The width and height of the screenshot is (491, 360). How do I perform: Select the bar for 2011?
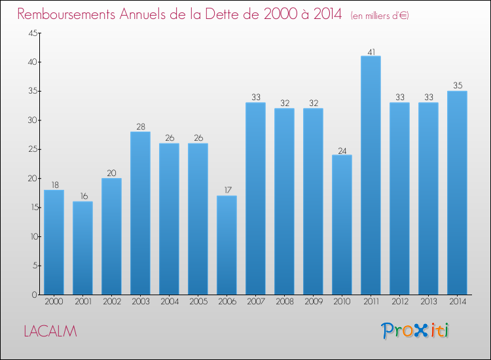click(x=371, y=175)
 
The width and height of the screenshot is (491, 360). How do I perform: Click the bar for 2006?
click(x=227, y=245)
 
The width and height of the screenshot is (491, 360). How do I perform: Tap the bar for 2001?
click(x=82, y=248)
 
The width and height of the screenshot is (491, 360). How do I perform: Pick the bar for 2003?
click(x=140, y=213)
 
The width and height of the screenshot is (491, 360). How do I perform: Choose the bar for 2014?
click(x=457, y=193)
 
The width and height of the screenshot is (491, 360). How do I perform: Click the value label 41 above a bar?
click(x=371, y=52)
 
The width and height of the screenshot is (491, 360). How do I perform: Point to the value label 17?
click(x=228, y=190)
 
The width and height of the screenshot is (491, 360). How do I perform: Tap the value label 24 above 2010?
click(x=342, y=151)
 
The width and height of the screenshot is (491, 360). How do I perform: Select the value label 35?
click(x=458, y=85)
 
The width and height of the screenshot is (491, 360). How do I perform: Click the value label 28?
click(x=141, y=126)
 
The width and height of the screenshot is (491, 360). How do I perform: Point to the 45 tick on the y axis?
click(x=33, y=33)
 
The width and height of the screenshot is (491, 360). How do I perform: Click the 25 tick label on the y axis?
click(x=33, y=149)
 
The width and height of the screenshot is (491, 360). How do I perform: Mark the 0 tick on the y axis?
click(x=35, y=295)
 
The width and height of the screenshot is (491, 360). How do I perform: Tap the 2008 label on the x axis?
click(x=285, y=302)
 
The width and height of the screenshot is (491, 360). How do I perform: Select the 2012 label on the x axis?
click(x=400, y=302)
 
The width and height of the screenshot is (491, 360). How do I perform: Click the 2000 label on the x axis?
click(x=54, y=302)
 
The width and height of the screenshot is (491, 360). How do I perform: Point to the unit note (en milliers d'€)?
click(x=380, y=16)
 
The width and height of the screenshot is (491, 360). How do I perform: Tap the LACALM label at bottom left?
click(x=50, y=331)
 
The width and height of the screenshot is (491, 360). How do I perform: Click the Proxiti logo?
click(x=415, y=331)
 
